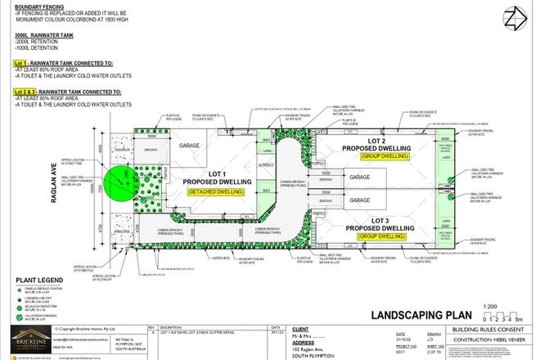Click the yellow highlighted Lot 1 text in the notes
pyautogui.click(x=20, y=62)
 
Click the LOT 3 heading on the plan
pyautogui.click(x=383, y=220)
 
